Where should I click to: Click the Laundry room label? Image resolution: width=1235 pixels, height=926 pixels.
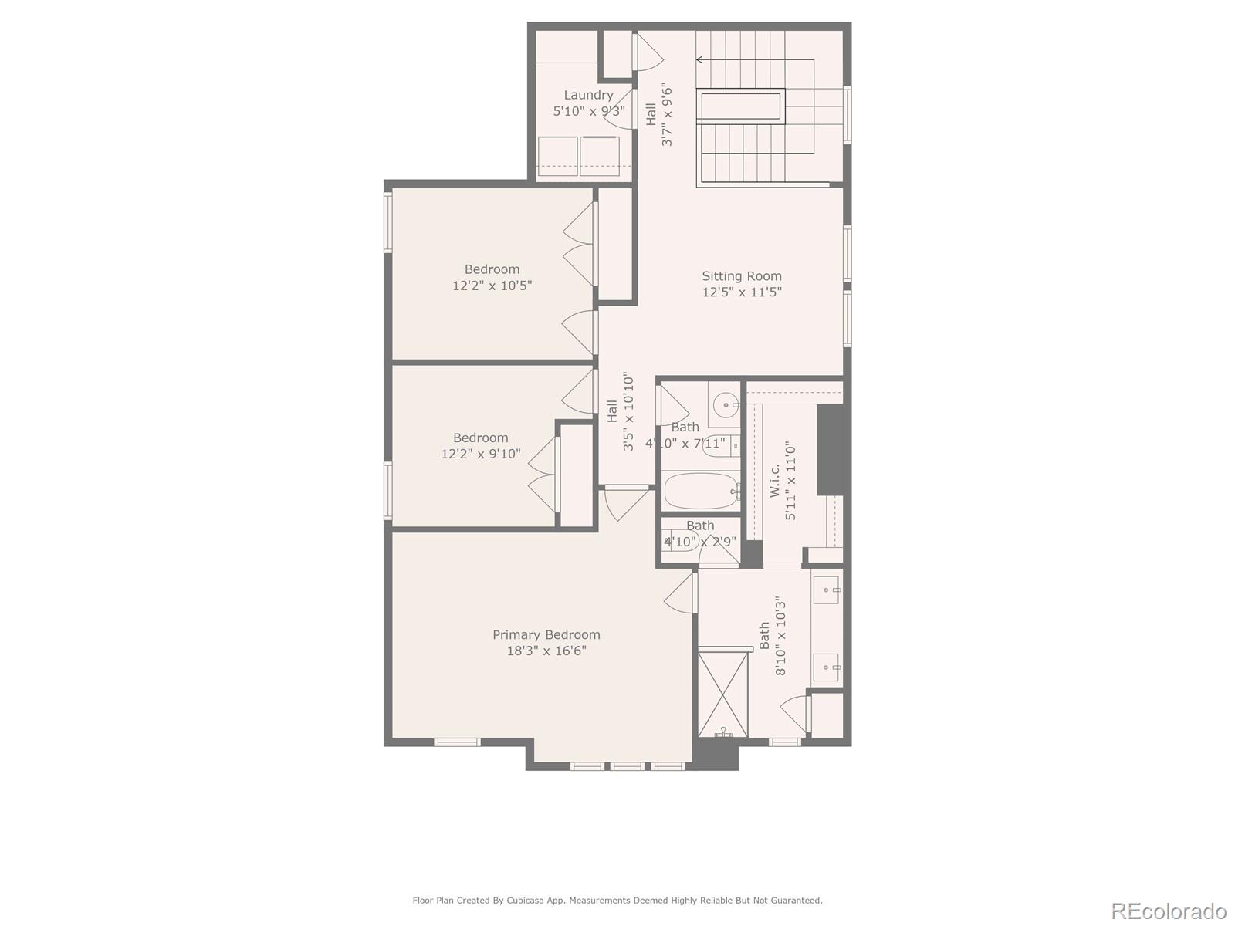click(x=588, y=95)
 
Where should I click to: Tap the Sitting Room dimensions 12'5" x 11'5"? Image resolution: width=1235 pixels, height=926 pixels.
click(x=742, y=292)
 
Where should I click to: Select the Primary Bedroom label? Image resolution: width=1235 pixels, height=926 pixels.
click(x=546, y=634)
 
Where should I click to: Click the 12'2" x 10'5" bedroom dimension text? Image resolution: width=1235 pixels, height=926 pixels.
click(x=492, y=286)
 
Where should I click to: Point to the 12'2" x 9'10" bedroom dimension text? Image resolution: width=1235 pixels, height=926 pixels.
click(x=480, y=454)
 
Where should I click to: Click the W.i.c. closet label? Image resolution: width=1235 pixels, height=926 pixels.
click(x=774, y=480)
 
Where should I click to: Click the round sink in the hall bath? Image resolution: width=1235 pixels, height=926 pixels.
click(x=725, y=404)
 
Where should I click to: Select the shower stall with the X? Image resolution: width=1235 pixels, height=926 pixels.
click(x=723, y=695)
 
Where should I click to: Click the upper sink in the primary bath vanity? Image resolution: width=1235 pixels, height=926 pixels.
click(x=827, y=590)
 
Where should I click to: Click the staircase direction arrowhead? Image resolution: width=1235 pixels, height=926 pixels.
click(x=699, y=59)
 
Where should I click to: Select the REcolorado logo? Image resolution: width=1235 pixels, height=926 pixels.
click(x=1169, y=911)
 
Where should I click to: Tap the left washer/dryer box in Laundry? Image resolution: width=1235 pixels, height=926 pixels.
click(x=557, y=156)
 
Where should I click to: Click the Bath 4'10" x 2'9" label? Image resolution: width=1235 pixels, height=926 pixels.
click(x=700, y=526)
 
